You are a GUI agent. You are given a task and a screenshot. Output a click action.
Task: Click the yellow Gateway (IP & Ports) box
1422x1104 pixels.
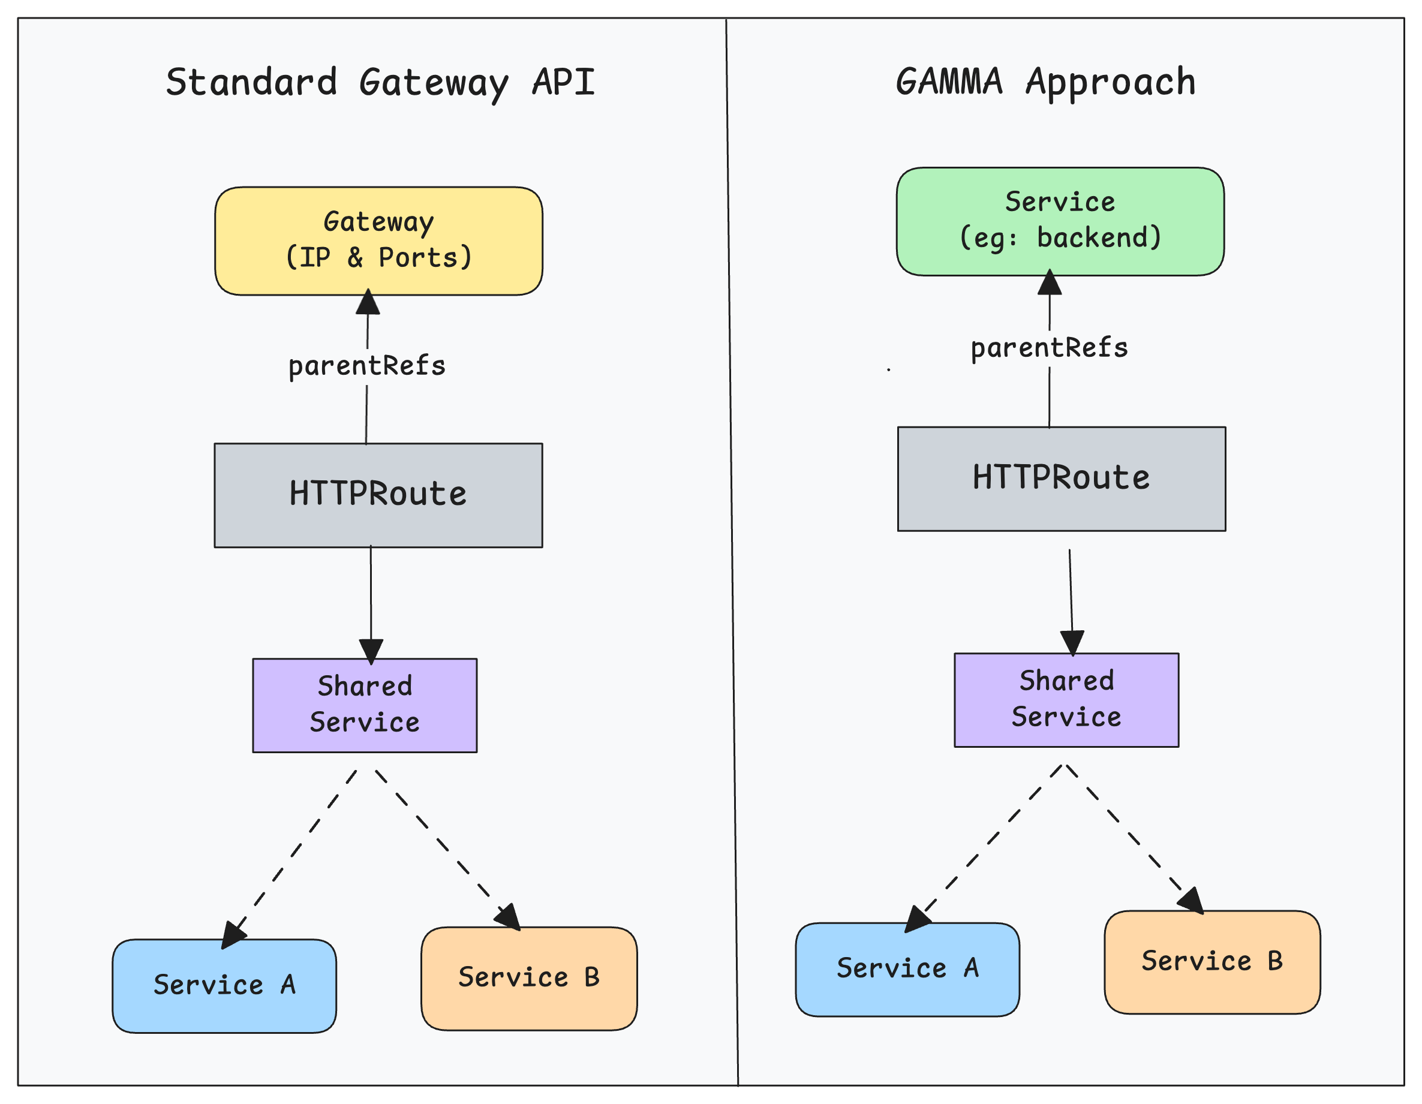click(x=378, y=241)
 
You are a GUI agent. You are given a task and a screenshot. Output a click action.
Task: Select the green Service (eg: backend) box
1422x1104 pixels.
click(x=1060, y=221)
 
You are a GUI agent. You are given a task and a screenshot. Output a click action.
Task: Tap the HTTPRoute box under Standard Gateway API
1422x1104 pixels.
click(x=378, y=495)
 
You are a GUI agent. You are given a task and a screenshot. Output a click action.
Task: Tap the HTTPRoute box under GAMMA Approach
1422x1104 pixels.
click(x=1062, y=479)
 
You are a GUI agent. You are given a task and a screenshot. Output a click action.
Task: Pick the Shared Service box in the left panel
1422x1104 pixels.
click(x=365, y=705)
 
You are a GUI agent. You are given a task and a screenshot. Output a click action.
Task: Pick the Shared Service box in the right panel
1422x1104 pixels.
click(x=1066, y=700)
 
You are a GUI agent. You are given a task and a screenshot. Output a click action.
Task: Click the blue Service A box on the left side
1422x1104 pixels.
click(x=224, y=985)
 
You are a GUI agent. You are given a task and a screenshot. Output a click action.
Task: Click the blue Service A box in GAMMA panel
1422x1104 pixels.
click(x=907, y=969)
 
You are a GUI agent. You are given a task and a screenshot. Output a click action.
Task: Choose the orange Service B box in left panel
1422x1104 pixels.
click(x=529, y=978)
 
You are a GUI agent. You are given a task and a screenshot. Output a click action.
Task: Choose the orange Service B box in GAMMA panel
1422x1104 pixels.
click(x=1212, y=962)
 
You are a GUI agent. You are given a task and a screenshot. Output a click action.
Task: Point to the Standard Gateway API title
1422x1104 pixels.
click(x=380, y=83)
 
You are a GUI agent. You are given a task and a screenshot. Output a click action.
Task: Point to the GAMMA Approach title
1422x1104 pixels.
click(x=1046, y=83)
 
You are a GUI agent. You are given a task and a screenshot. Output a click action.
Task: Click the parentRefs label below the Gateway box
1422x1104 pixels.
click(x=366, y=366)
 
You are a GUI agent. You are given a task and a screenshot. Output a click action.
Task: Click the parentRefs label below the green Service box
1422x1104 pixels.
click(x=1049, y=348)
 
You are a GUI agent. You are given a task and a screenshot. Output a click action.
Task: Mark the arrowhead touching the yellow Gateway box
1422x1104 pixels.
click(x=368, y=303)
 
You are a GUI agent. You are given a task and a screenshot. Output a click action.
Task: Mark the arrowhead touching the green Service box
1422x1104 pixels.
click(x=1050, y=282)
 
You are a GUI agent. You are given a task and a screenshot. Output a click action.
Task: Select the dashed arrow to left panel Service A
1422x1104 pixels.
click(x=293, y=853)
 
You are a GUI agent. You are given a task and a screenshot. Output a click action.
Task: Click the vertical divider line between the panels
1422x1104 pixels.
click(x=732, y=553)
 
